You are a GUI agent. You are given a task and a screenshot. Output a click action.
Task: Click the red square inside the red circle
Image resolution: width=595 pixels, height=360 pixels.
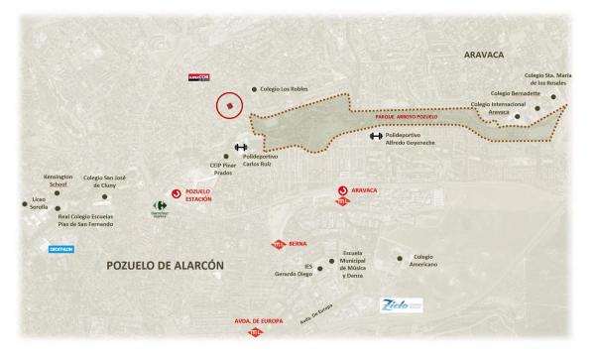click(x=230, y=104)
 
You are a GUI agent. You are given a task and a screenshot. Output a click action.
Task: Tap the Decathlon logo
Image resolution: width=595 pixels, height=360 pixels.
click(x=62, y=249)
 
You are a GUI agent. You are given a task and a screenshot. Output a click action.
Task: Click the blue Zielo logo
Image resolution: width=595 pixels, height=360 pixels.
click(x=402, y=306)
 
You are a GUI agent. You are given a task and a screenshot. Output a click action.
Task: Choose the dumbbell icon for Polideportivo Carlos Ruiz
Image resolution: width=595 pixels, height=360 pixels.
click(x=241, y=147)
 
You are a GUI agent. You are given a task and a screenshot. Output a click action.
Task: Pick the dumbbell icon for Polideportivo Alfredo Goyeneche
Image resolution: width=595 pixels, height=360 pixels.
click(x=376, y=136)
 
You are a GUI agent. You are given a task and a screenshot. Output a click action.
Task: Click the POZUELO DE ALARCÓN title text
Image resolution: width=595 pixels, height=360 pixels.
click(x=166, y=266)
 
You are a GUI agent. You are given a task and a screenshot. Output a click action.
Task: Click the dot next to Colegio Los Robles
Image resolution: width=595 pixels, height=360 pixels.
click(x=255, y=88)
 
